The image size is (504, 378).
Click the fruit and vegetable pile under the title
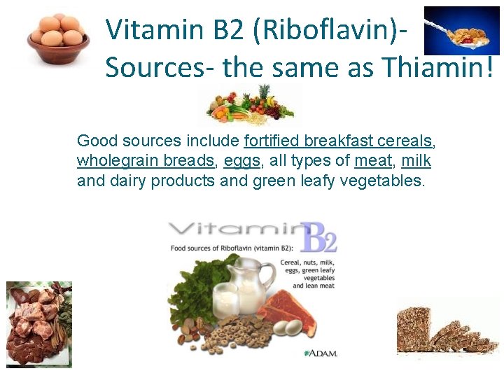251,105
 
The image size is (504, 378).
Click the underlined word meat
373,161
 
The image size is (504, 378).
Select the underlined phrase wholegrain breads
146,161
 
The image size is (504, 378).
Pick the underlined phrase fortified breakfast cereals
339,141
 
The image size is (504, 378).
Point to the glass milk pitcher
242,283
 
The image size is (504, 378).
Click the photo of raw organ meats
39,324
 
